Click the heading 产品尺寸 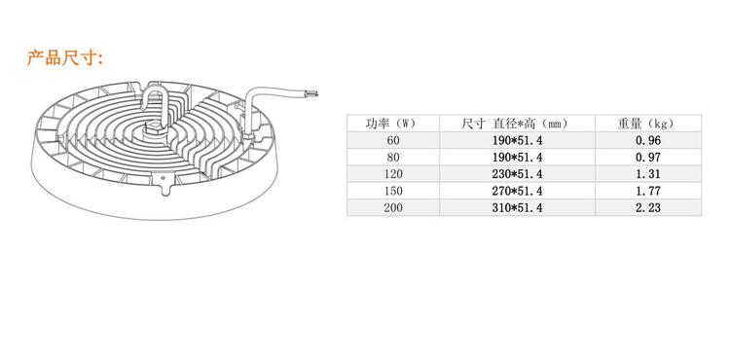pos(64,58)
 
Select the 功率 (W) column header pos(390,124)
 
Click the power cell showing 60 pos(393,140)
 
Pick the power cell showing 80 pos(393,158)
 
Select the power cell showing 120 pos(393,174)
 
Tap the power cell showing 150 pos(393,191)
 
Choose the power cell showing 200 pos(393,207)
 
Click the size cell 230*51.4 pos(517,174)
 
